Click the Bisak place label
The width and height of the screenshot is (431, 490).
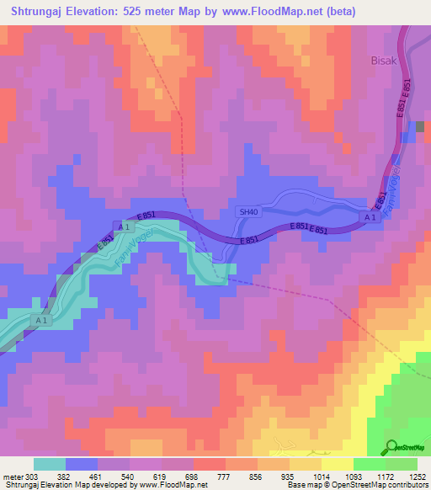coord(383,61)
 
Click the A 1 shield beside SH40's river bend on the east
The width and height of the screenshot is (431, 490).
coord(369,218)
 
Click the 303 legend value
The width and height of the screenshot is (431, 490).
coord(32,476)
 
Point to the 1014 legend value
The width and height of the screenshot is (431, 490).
coord(322,476)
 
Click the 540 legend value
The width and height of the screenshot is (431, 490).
coord(129,476)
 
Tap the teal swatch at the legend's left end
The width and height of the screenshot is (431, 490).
coord(49,464)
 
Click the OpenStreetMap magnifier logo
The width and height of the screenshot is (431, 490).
coord(391,447)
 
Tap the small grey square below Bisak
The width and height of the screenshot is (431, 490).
coord(420,126)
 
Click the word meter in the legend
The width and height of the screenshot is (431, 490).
coord(12,476)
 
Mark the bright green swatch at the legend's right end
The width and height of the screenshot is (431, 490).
coord(402,464)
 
